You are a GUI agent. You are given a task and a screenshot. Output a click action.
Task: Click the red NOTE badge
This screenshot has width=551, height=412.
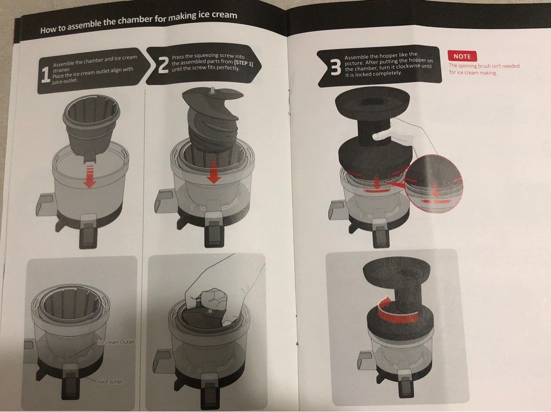coord(462,56)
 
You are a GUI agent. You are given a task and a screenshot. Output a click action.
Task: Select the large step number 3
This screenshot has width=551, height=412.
coord(335,67)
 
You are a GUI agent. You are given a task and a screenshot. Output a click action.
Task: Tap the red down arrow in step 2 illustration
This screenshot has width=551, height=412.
coord(214,174)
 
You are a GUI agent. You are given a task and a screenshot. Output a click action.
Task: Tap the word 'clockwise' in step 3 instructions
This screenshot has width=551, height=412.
coord(405,67)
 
